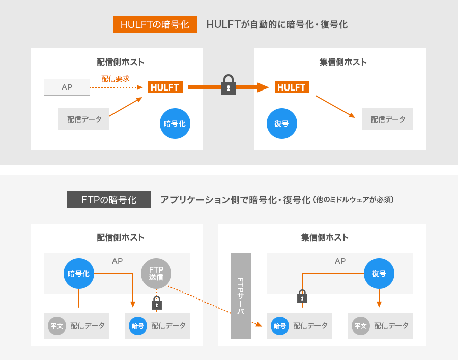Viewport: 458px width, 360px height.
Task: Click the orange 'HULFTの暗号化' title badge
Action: pos(155,24)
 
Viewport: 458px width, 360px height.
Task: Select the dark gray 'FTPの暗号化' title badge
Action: pos(109,200)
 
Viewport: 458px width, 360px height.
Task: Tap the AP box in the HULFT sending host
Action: pos(67,87)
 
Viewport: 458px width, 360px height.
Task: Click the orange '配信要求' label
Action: pos(115,79)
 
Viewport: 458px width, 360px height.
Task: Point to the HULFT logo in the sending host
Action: pos(165,87)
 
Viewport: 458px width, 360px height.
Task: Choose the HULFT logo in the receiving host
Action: pos(292,87)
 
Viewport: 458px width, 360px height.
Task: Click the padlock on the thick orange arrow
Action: pos(228,85)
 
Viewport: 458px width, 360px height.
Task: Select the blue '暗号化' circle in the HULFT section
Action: pos(175,123)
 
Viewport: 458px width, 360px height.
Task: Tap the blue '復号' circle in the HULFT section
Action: pos(281,123)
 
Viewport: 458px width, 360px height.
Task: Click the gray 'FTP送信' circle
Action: pos(156,274)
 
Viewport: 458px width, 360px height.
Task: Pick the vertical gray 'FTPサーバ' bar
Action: pos(241,295)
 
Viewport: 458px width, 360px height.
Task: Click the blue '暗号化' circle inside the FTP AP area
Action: pos(79,274)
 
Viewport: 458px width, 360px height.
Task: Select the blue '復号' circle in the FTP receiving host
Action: pos(379,274)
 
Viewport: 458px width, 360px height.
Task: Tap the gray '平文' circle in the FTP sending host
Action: pos(57,326)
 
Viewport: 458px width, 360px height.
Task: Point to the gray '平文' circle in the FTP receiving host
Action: pos(361,326)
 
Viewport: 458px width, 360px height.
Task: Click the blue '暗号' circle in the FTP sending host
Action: pos(138,326)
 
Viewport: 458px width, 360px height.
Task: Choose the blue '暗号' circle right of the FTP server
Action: pos(280,326)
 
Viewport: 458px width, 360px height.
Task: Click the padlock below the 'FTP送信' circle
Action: pos(157,303)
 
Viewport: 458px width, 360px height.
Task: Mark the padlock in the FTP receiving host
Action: pos(302,296)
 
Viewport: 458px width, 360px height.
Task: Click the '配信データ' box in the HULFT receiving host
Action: pos(387,119)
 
